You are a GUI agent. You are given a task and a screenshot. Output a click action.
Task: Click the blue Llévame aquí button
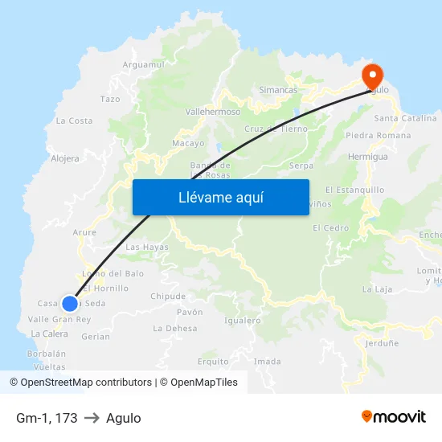[x=220, y=197]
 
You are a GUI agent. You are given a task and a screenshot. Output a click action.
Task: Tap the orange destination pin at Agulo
[x=372, y=76]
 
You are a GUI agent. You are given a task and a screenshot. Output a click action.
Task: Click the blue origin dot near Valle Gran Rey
[x=70, y=303]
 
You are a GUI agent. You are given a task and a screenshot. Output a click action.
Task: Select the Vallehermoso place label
[x=213, y=112]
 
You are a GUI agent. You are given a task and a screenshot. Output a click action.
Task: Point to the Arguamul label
[x=143, y=64]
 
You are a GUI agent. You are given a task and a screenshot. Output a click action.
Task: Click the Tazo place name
[x=110, y=99]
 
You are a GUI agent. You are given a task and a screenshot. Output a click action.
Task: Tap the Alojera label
[x=65, y=158]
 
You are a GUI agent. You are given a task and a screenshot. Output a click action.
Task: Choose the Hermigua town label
[x=368, y=157]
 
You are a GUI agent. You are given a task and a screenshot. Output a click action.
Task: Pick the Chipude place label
[x=168, y=296]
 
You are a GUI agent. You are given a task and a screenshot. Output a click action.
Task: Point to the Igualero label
[x=244, y=320]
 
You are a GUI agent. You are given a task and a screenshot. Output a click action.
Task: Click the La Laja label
[x=376, y=289]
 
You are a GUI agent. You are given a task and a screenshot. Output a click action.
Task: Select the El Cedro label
[x=331, y=227]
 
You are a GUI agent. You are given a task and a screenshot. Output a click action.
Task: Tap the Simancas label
[x=279, y=91]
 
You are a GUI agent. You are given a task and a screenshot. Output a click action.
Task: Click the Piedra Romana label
[x=378, y=135]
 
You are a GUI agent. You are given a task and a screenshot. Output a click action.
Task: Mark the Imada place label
[x=267, y=362]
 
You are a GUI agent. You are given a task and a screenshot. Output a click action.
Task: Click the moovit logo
[x=394, y=416]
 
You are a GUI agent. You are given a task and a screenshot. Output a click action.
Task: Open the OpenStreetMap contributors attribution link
[x=80, y=383]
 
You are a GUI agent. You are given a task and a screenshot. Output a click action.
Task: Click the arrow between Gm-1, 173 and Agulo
[x=92, y=418]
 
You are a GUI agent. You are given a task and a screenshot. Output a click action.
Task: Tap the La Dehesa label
[x=174, y=328]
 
